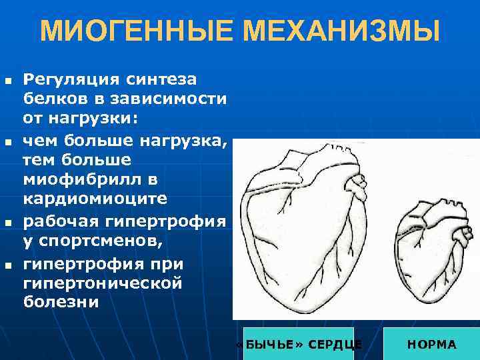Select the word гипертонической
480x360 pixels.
(103, 283)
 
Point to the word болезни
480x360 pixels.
(61, 303)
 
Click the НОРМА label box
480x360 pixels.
(432, 344)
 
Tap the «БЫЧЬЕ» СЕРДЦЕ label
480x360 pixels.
(299, 344)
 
